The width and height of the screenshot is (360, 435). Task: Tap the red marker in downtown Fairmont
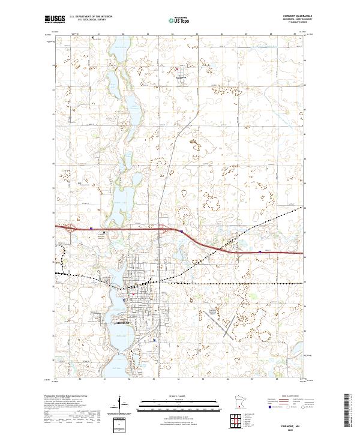133,295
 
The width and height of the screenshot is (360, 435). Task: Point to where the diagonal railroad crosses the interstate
223,247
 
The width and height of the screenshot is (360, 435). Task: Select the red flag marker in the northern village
176,67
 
